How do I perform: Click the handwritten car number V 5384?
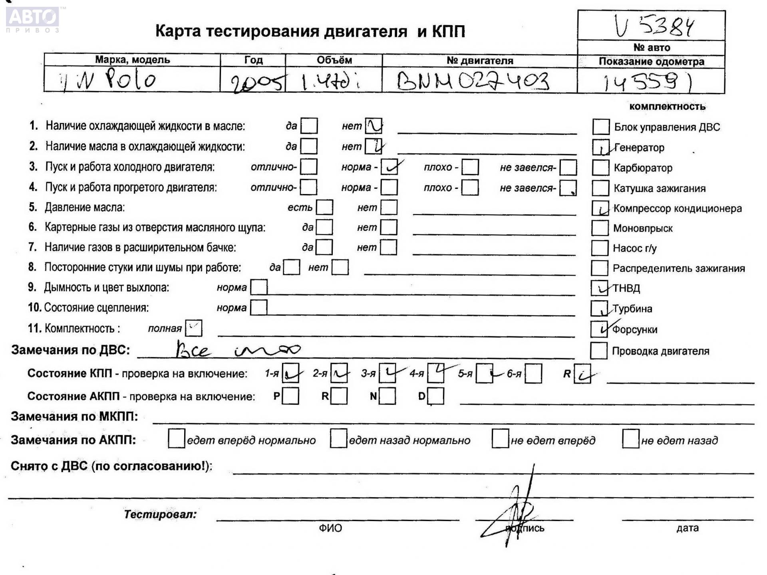654,26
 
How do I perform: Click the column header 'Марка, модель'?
132,60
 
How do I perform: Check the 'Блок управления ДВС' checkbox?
601,127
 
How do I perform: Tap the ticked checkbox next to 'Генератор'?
600,147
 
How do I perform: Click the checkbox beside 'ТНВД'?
599,288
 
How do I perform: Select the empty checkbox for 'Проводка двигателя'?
598,351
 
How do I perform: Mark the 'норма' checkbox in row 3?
389,167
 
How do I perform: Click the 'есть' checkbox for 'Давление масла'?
324,207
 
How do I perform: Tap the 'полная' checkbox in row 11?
194,328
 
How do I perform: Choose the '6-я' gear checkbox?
533,374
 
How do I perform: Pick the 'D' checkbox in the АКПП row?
436,396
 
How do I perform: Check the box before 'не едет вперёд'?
500,439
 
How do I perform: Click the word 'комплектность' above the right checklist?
667,107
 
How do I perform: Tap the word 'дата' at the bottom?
687,528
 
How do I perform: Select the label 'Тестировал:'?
160,514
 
